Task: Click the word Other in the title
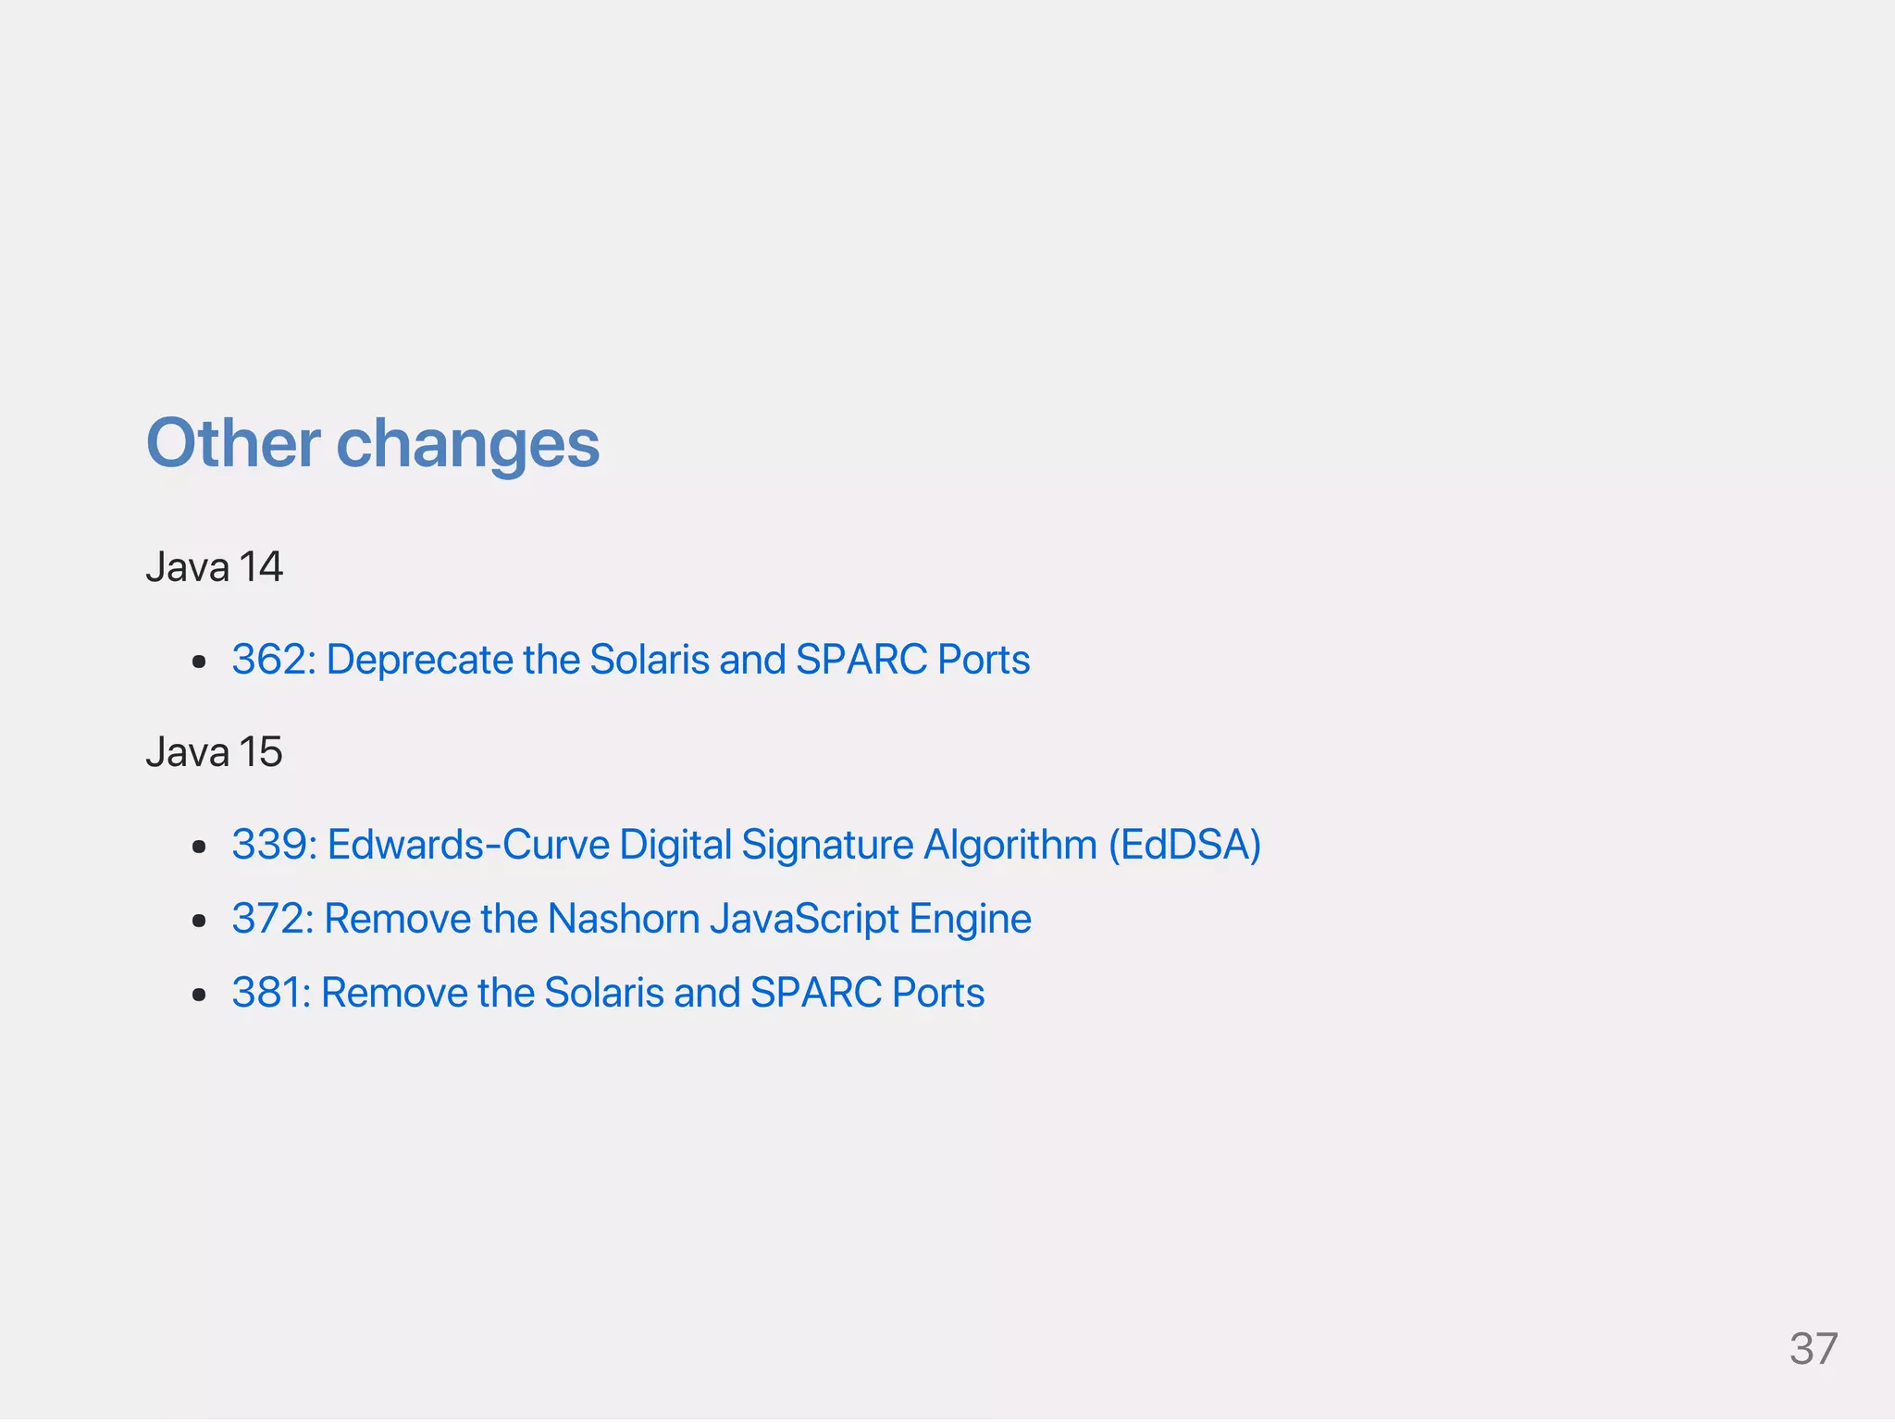[233, 443]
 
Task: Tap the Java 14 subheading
[214, 567]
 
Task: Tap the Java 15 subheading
[214, 752]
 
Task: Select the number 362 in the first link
[272, 660]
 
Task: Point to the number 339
[272, 845]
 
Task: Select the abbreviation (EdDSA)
[1184, 845]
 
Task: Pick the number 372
[270, 919]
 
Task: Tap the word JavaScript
[804, 919]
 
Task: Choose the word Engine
[970, 919]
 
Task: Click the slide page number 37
[1813, 1349]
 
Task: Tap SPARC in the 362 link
[861, 660]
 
